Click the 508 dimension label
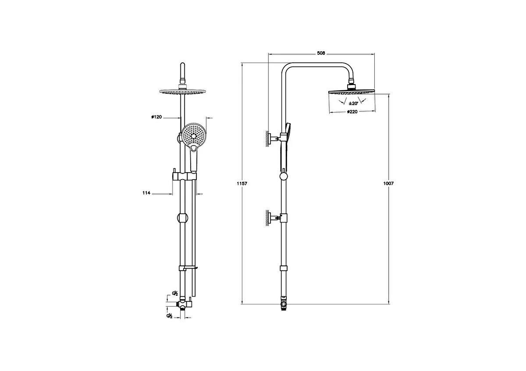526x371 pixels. pos(321,53)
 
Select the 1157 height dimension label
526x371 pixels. pos(242,184)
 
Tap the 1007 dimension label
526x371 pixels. pos(388,184)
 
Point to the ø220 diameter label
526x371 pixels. pos(352,112)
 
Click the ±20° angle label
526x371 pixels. pos(353,103)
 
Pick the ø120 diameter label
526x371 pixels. pos(156,117)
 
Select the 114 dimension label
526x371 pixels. pos(146,193)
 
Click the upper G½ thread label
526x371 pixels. pos(175,293)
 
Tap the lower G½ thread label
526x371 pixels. pos(170,316)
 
